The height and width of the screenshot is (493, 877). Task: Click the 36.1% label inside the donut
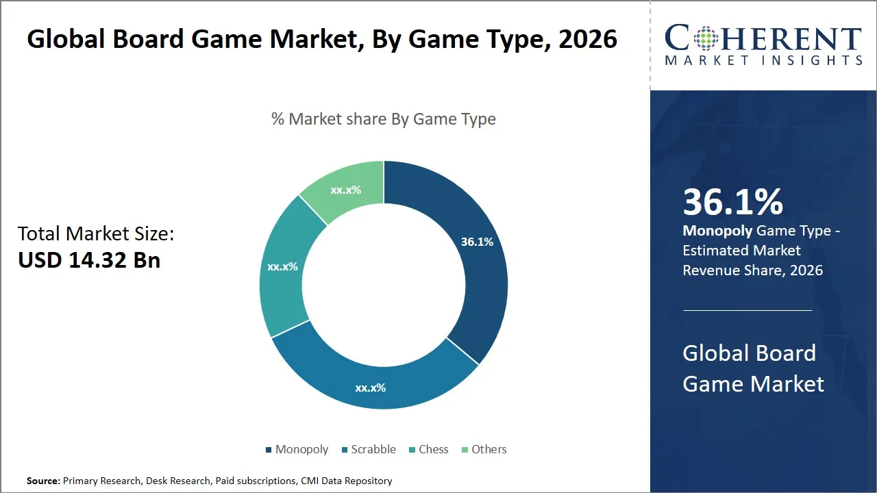477,242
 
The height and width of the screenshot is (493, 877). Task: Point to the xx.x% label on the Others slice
345,190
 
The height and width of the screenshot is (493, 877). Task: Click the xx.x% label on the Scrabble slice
370,388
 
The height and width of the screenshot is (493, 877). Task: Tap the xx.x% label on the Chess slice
282,266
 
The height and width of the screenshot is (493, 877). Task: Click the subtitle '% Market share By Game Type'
384,119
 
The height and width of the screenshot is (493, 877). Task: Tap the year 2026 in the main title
587,39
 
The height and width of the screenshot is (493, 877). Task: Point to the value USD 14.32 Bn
89,260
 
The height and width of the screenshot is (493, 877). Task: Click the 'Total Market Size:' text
96,233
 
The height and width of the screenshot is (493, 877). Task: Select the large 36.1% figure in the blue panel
732,203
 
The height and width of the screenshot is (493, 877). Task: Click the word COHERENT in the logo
763,38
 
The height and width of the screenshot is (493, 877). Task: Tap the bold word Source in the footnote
43,481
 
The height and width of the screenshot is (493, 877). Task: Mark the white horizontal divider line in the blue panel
747,310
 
